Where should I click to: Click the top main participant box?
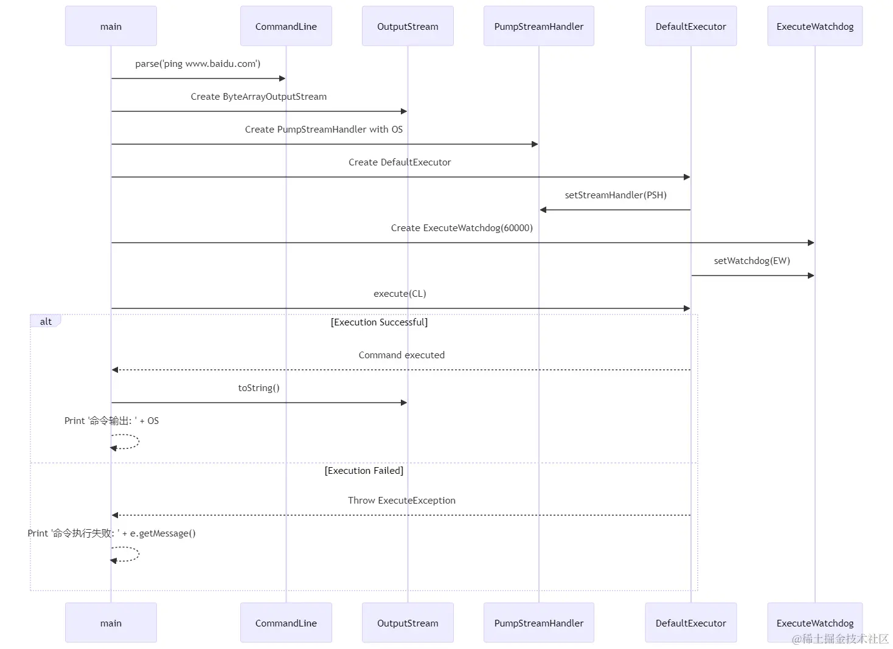coord(111,26)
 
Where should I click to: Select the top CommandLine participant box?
coord(286,26)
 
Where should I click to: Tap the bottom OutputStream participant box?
coord(408,623)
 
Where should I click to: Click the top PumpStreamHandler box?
coord(538,26)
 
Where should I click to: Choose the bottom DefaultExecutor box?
coord(691,623)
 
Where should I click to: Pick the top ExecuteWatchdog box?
coord(815,26)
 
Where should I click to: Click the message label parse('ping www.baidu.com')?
coord(198,64)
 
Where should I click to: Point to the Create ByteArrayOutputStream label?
coord(259,97)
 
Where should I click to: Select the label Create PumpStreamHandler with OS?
coord(324,130)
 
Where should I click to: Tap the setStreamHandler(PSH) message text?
coord(616,195)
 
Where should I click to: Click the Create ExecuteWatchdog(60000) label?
coord(462,228)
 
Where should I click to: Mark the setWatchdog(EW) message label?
coord(752,261)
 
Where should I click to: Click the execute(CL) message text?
coord(400,294)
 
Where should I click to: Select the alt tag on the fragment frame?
coord(46,321)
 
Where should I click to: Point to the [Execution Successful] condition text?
coord(379,322)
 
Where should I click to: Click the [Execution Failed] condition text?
coord(364,471)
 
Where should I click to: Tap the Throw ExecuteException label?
coord(401,501)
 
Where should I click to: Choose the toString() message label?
coord(259,388)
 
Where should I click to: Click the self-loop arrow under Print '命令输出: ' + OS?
coord(138,442)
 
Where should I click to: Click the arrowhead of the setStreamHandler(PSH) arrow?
coord(543,210)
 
